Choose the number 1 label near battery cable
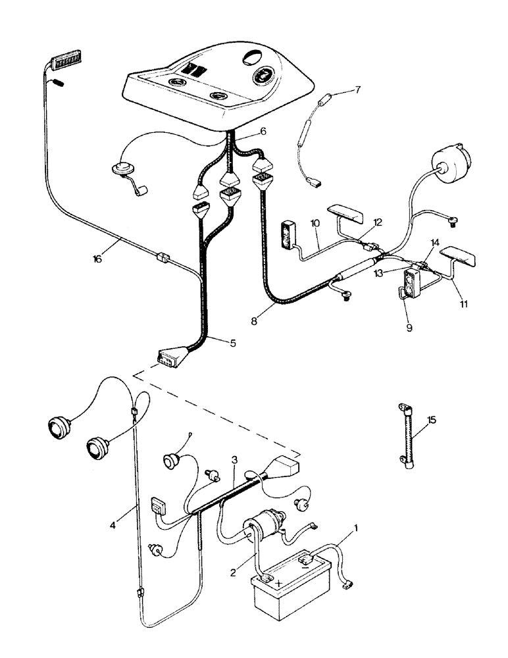coord(356,527)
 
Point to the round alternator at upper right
coord(449,164)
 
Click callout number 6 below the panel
coord(263,132)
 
